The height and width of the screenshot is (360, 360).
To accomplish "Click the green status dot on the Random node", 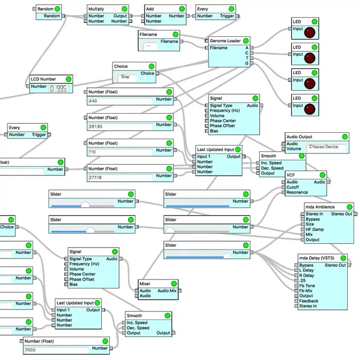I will [57, 9].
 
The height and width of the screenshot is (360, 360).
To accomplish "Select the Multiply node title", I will [97, 9].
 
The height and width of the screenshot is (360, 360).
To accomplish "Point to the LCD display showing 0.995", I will [58, 89].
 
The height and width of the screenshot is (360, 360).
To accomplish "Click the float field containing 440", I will [130, 101].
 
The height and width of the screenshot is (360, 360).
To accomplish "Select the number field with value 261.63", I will [130, 126].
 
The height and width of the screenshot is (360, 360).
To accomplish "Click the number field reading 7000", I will [66, 350].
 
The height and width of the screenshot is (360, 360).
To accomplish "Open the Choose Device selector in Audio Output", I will [324, 147].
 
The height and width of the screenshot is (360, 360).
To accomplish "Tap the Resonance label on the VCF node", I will [297, 193].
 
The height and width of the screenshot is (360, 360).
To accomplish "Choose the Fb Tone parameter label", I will [306, 285].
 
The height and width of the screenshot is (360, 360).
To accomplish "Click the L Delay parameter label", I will [306, 270].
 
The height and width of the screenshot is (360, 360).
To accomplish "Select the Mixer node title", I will [146, 283].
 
